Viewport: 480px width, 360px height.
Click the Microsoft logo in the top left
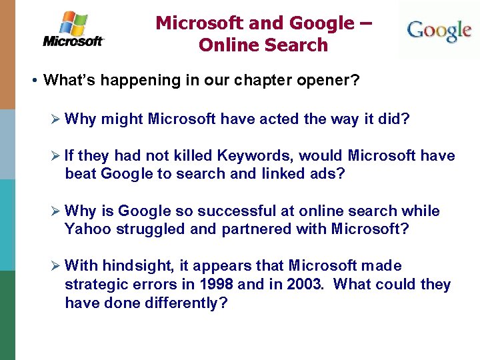click(x=73, y=29)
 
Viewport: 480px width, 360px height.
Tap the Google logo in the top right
click(x=439, y=31)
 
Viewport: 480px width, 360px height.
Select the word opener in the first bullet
click(x=332, y=81)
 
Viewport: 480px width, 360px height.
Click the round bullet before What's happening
click(x=33, y=81)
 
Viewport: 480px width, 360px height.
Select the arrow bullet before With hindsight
click(x=56, y=267)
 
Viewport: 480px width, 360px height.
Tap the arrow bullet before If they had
click(x=56, y=156)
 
